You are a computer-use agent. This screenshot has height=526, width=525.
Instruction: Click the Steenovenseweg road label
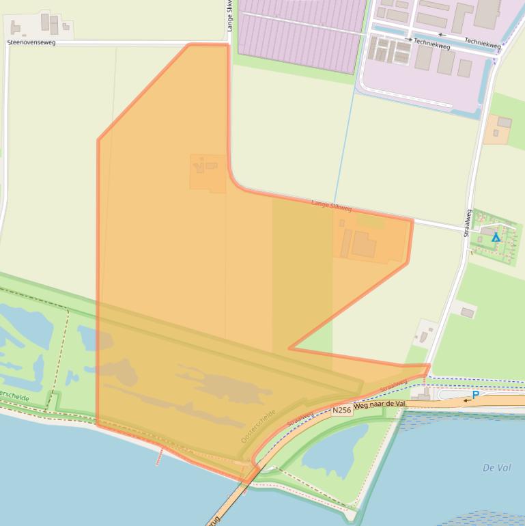[31, 42]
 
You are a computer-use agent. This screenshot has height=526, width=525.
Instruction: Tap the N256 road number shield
[341, 411]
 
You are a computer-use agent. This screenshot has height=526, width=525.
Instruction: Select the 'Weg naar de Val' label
[380, 404]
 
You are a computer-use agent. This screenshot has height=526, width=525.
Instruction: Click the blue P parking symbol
[476, 395]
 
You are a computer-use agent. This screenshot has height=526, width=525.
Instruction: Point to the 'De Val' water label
[496, 468]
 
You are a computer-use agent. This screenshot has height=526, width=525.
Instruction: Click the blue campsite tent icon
[496, 237]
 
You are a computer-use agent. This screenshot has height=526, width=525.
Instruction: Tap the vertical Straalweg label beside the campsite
[468, 223]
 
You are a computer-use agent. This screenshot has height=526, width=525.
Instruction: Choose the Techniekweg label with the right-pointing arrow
[431, 45]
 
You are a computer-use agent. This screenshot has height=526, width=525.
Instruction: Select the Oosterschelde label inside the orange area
[259, 426]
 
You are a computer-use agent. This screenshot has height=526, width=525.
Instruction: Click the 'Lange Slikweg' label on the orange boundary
[332, 205]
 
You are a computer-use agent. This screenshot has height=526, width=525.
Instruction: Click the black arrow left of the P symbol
[467, 400]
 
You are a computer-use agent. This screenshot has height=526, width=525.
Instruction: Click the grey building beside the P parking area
[421, 394]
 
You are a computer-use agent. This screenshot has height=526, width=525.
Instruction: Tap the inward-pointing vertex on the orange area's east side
[289, 348]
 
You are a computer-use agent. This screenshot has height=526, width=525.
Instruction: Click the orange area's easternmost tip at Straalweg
[429, 367]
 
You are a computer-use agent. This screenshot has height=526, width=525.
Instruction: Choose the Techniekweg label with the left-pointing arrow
[485, 41]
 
